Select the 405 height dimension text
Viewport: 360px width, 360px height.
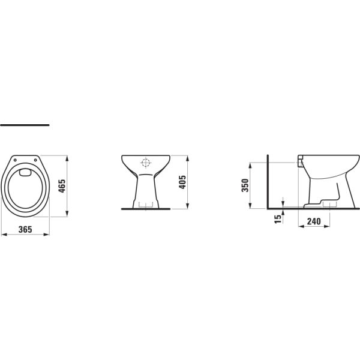(x=183, y=181)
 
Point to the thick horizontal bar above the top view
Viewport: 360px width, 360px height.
(x=25, y=125)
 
